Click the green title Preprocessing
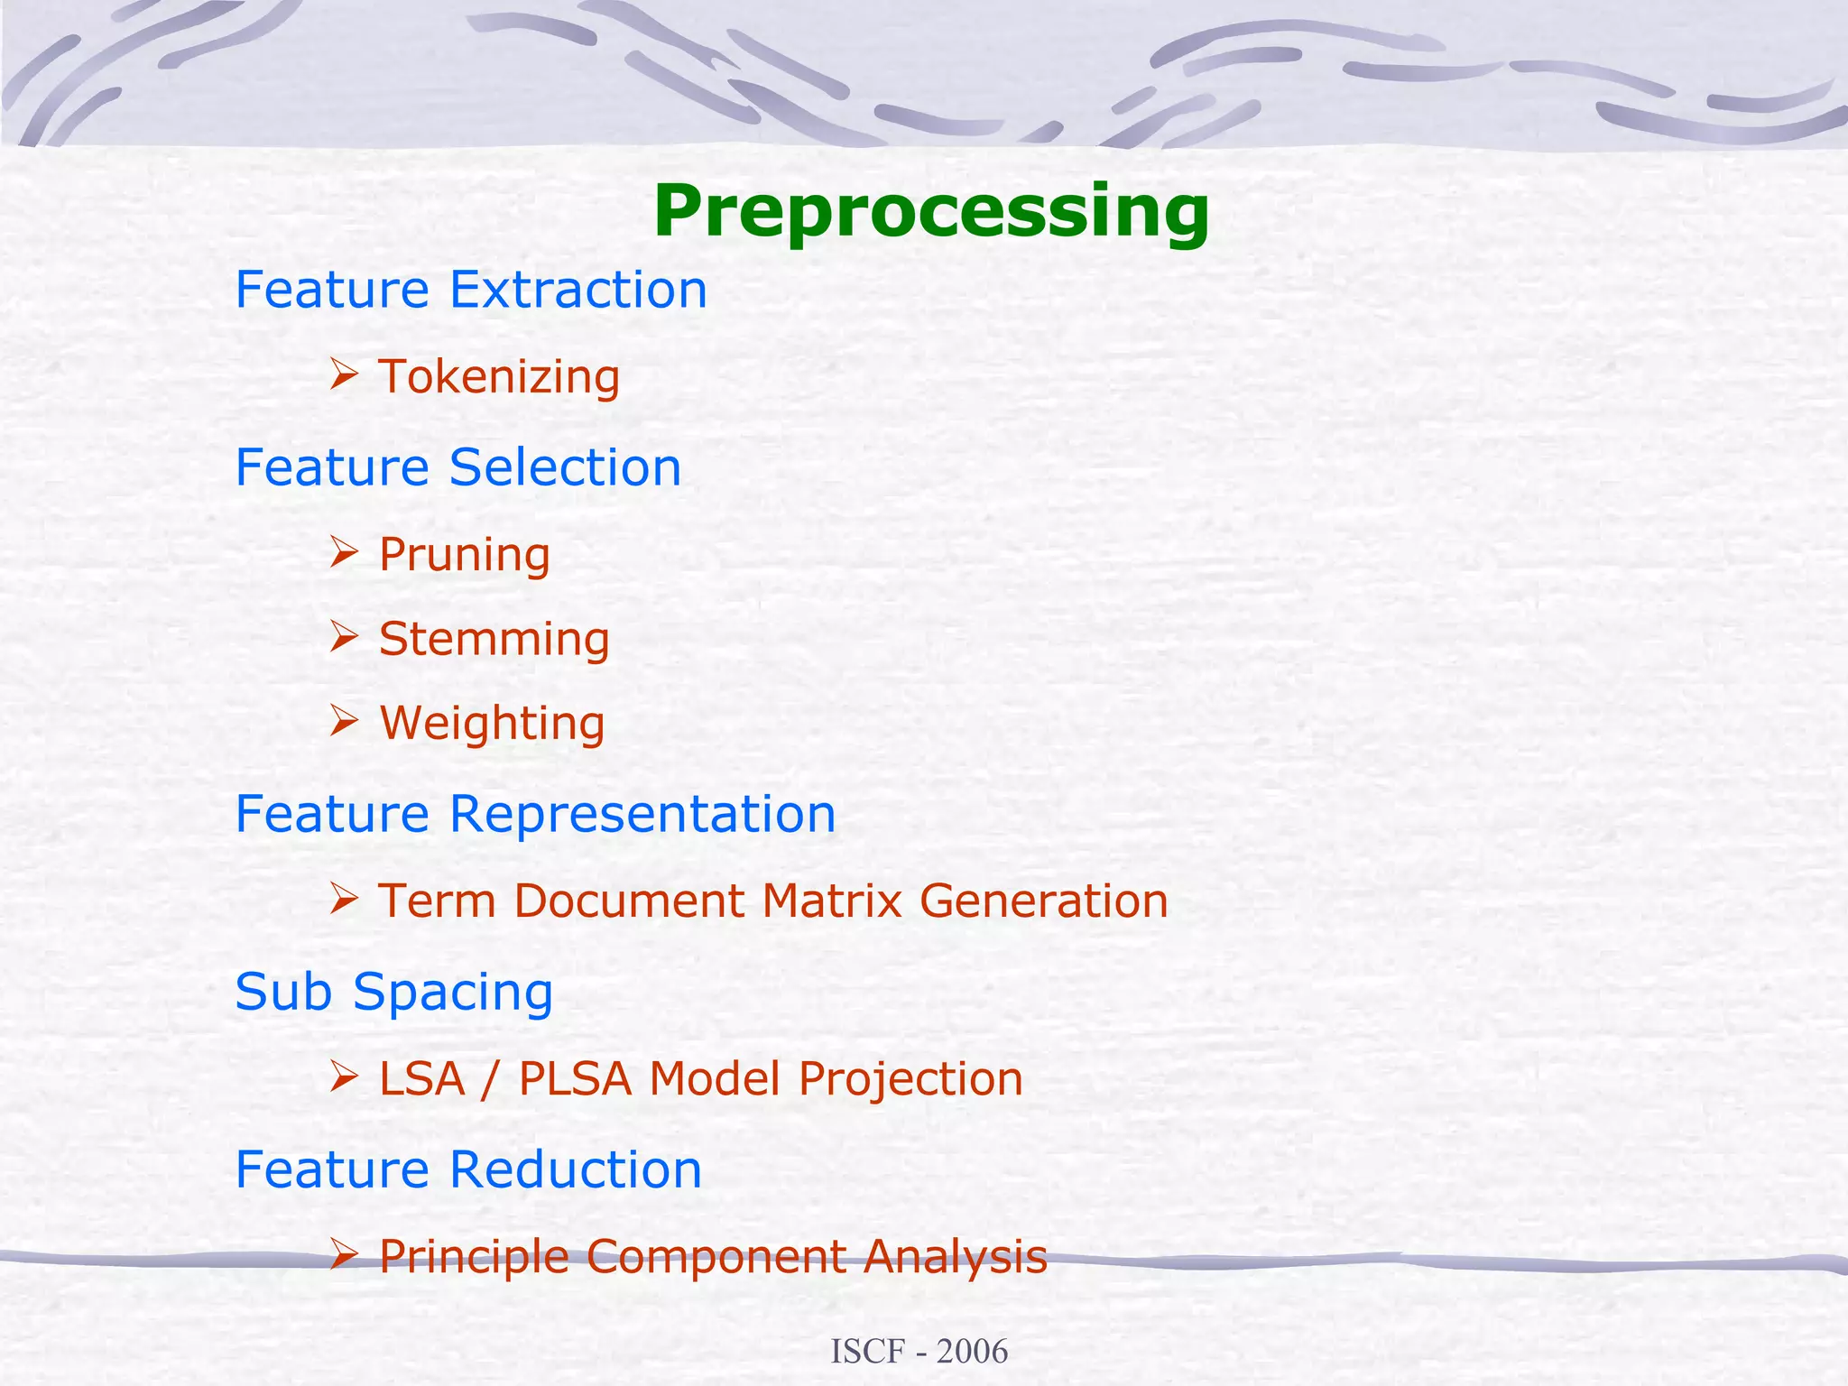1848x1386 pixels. pos(930,211)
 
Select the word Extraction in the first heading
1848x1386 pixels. pos(577,290)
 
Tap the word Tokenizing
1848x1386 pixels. pos(499,376)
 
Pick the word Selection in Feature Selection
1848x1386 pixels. pos(565,467)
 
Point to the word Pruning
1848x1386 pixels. pos(464,554)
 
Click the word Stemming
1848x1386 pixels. pos(494,639)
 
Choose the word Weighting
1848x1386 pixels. pos(492,723)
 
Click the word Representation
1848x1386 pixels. pos(642,814)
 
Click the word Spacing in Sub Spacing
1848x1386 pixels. pos(452,993)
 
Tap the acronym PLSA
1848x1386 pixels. pos(575,1078)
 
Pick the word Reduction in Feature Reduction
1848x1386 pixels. pos(575,1169)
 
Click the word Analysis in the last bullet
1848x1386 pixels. pos(955,1256)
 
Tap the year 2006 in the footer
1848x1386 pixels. pos(972,1352)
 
